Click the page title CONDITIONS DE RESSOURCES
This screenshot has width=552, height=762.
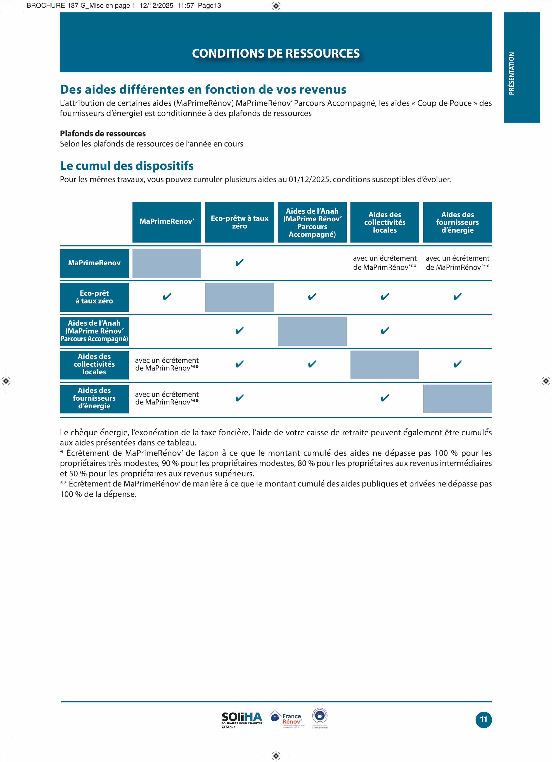tap(276, 54)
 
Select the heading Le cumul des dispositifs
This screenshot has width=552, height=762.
tap(127, 166)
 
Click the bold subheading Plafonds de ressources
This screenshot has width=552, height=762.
tap(103, 133)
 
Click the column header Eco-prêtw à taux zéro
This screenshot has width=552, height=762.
tap(239, 222)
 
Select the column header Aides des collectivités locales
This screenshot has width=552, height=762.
tap(385, 222)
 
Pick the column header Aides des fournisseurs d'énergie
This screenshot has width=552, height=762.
tap(457, 222)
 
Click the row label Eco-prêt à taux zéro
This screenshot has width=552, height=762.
tap(94, 297)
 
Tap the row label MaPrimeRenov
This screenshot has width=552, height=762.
tap(94, 263)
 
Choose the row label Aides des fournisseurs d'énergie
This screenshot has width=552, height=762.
tap(94, 398)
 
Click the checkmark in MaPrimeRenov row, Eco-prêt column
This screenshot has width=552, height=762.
tap(239, 262)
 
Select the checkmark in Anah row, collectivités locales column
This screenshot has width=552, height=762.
tap(385, 331)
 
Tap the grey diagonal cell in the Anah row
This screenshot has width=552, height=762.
tap(312, 331)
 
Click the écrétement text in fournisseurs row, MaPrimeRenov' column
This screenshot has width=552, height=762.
tap(167, 398)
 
